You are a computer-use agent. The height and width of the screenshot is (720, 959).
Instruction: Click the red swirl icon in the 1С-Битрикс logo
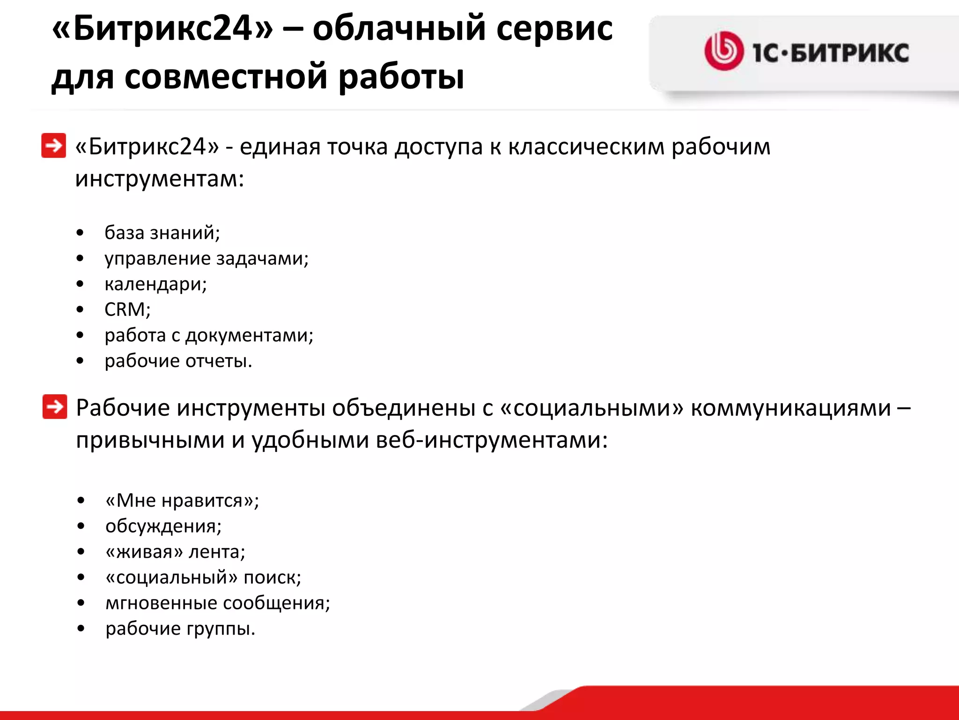coord(723,51)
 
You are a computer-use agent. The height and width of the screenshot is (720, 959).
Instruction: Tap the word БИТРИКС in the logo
coord(850,52)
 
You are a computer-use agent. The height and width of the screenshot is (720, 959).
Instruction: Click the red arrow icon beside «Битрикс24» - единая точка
coord(53,146)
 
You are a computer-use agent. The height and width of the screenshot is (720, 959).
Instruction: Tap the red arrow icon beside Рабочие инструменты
coord(54,406)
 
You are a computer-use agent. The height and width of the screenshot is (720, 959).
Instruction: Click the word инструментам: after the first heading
coord(160,179)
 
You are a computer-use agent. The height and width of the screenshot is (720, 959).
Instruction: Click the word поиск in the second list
coord(272,577)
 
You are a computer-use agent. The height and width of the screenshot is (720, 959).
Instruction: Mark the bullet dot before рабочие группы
coord(81,629)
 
